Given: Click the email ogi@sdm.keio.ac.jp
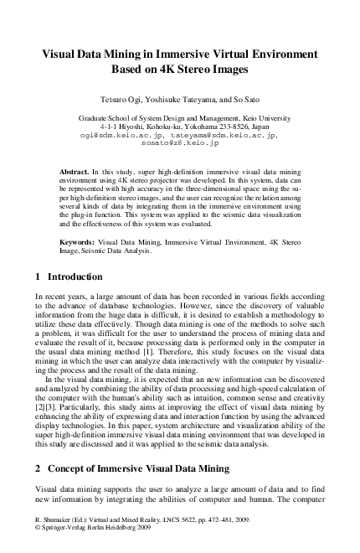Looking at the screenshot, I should (121, 134).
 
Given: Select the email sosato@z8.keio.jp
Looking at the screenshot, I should (180, 143).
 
